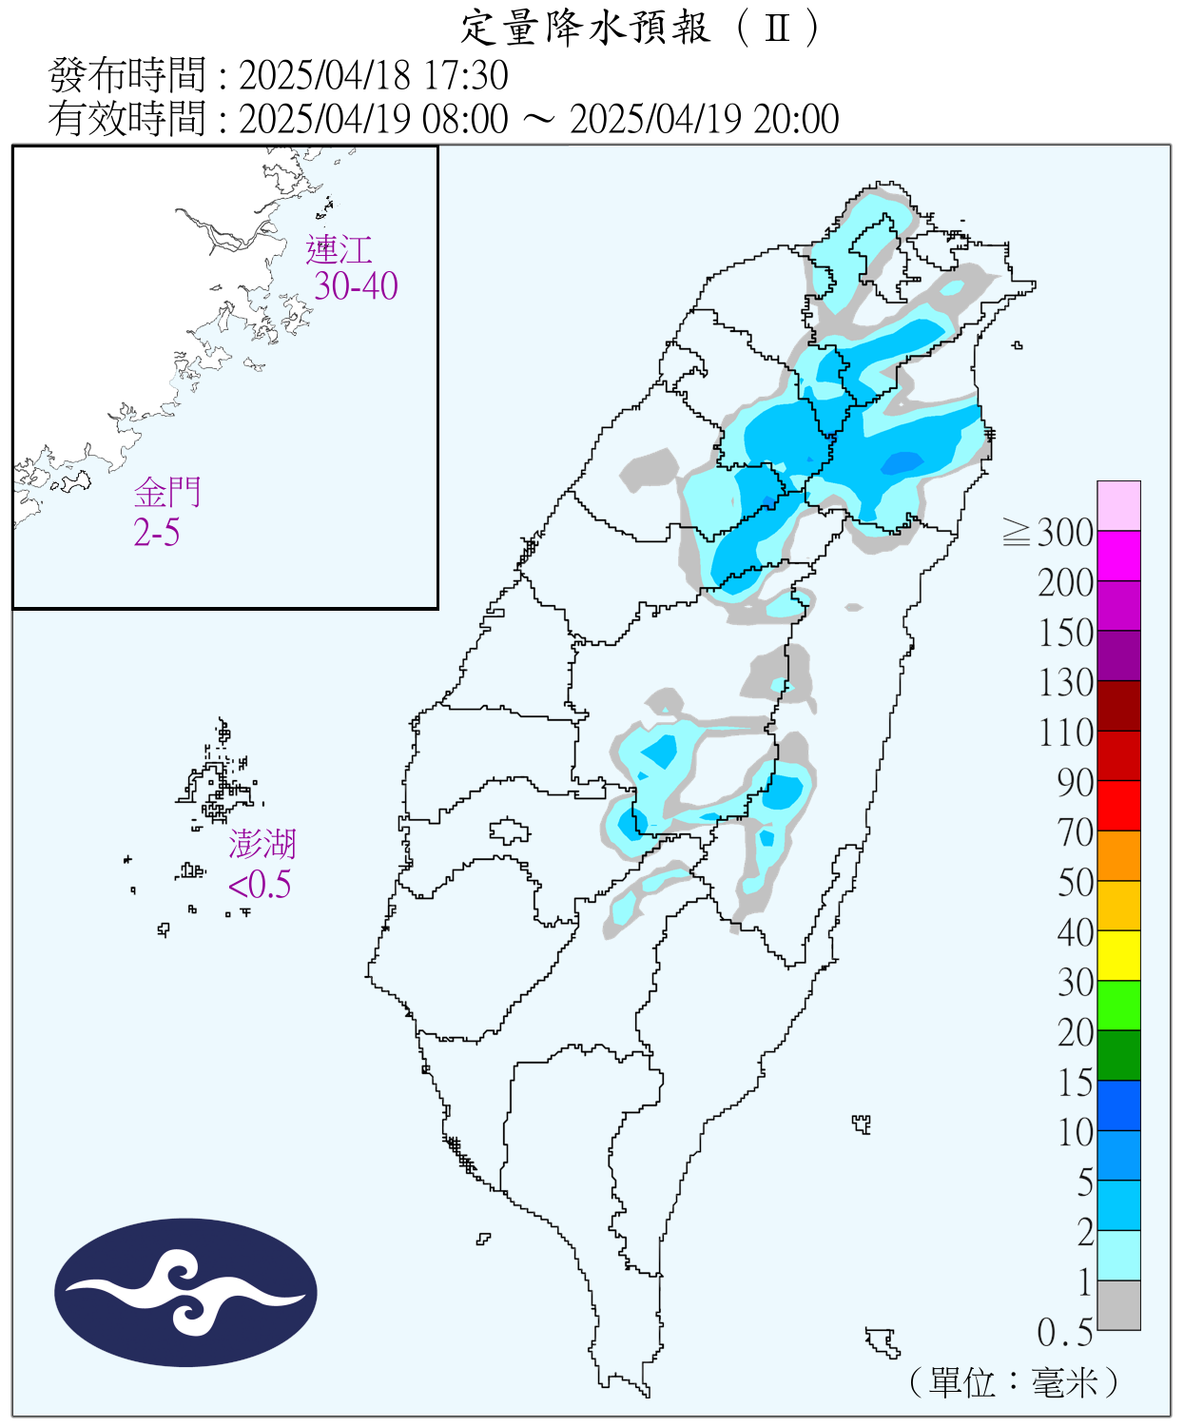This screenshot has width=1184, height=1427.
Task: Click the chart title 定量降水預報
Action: tap(585, 29)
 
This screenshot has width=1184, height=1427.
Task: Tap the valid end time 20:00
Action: tap(796, 120)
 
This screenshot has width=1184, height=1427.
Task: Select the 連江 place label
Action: tap(339, 250)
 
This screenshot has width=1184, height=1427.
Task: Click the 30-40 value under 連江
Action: tap(356, 286)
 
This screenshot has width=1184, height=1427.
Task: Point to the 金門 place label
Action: tap(167, 493)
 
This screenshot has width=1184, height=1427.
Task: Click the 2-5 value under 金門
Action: tap(157, 533)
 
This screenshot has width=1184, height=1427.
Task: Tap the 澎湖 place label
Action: tap(262, 844)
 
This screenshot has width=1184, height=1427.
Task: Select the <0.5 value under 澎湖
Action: tap(259, 885)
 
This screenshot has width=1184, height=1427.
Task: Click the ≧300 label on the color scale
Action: tap(1048, 533)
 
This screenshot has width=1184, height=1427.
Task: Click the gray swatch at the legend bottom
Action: tap(1118, 1305)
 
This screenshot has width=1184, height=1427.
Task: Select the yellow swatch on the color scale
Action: tap(1118, 955)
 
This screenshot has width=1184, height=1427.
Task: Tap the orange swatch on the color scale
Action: tap(1118, 855)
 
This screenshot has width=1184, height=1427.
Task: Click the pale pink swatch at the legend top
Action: tap(1118, 505)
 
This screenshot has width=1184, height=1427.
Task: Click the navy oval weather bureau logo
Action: tap(185, 1293)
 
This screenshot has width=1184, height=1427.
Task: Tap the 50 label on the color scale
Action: tap(1076, 883)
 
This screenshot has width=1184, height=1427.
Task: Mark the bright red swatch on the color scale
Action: tap(1118, 805)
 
